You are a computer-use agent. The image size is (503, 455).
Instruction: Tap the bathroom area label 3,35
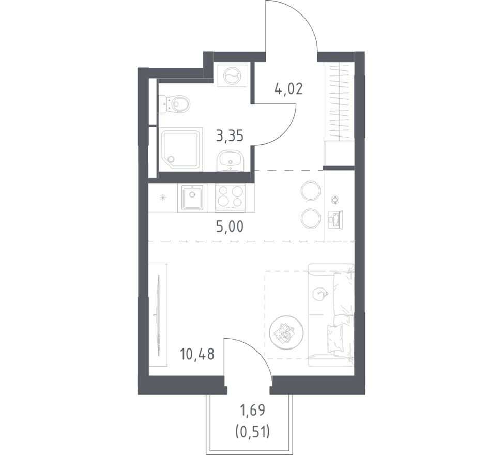click(x=230, y=136)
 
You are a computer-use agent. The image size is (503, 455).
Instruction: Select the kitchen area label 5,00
click(x=230, y=226)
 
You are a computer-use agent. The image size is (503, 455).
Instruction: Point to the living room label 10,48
click(x=197, y=355)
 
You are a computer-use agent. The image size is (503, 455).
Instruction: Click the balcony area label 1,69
click(x=254, y=411)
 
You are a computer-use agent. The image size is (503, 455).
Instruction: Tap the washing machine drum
click(x=232, y=75)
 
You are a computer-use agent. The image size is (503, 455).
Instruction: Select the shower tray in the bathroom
click(x=182, y=148)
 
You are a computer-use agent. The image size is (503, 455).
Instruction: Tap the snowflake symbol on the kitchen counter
click(x=163, y=198)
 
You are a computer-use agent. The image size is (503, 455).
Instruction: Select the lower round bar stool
click(x=311, y=218)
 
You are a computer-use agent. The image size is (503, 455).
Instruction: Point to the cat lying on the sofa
click(x=320, y=294)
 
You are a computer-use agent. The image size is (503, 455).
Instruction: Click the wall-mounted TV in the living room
click(x=158, y=315)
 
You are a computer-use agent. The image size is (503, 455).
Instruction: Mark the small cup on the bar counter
click(x=335, y=200)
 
